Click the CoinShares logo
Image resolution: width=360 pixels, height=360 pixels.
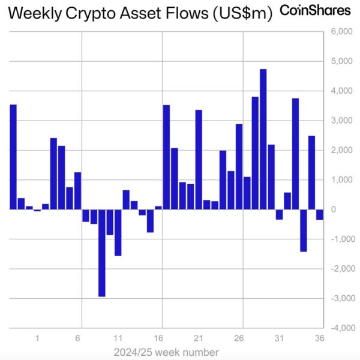click(316, 11)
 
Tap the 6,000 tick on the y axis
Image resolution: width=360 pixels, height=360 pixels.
click(341, 32)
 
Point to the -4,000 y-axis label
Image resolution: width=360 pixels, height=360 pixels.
click(341, 328)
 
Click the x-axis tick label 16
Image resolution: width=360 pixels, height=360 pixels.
click(159, 338)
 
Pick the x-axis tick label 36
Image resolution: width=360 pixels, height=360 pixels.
click(320, 338)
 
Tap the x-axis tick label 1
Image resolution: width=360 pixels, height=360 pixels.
click(38, 338)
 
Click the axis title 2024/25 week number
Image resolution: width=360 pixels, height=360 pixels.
click(166, 352)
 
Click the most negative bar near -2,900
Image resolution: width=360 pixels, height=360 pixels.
click(102, 253)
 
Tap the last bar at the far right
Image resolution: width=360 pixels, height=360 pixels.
click(320, 215)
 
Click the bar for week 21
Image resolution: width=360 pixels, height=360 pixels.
click(199, 160)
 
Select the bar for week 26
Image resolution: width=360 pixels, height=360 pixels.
click(239, 167)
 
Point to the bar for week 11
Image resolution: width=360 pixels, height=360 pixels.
click(118, 232)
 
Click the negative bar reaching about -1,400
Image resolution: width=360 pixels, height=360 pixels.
click(304, 230)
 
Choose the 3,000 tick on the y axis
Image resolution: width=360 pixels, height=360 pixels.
click(341, 121)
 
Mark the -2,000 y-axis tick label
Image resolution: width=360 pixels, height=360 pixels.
click(341, 269)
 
